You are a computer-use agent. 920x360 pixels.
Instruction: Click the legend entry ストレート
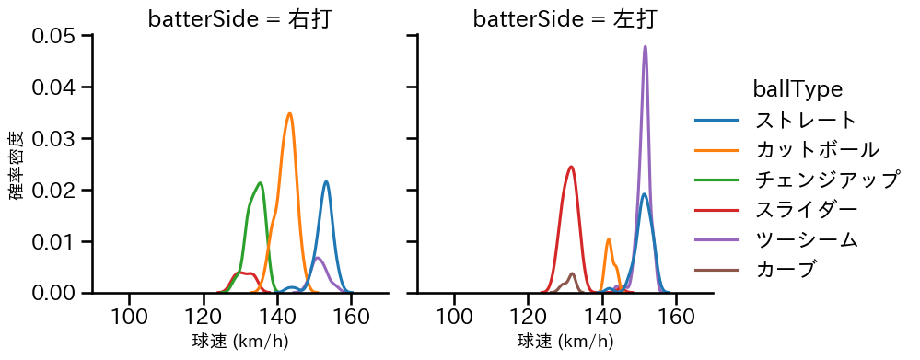pyautogui.click(x=806, y=120)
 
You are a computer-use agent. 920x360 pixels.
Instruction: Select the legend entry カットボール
pyautogui.click(x=817, y=149)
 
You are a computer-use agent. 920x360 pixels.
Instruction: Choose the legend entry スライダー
pyautogui.click(x=806, y=209)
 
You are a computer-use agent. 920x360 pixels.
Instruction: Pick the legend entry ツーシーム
pyautogui.click(x=806, y=239)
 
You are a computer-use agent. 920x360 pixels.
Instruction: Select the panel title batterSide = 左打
pyautogui.click(x=565, y=19)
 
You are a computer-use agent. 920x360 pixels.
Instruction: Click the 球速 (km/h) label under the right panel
pyautogui.click(x=565, y=342)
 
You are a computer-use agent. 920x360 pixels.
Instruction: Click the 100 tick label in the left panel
pyautogui.click(x=129, y=317)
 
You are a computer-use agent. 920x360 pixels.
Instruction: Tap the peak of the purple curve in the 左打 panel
pyautogui.click(x=645, y=46)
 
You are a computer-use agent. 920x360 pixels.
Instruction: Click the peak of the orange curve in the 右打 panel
pyautogui.click(x=289, y=113)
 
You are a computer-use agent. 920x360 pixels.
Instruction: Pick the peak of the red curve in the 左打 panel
pyautogui.click(x=572, y=167)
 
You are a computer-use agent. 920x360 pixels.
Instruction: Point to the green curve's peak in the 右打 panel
pyautogui.click(x=261, y=182)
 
